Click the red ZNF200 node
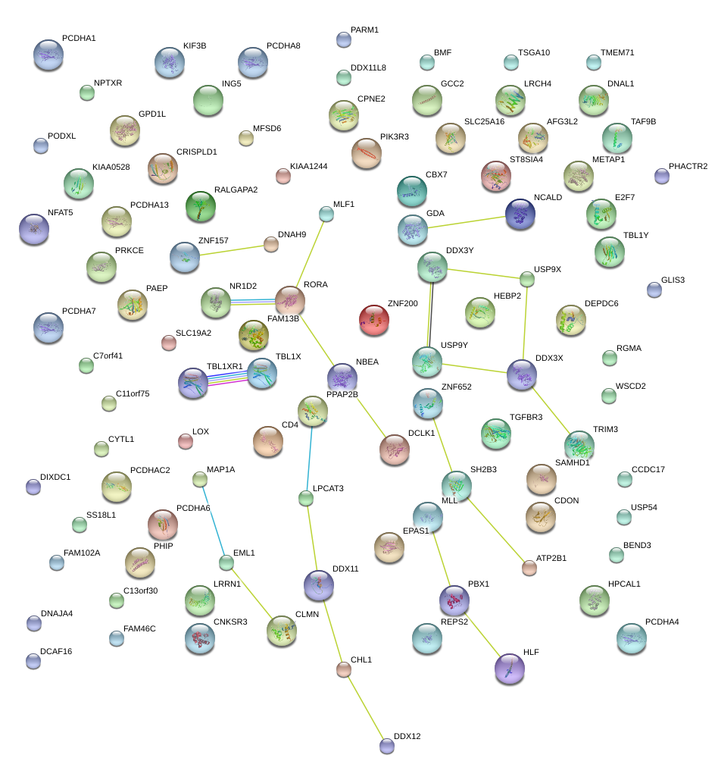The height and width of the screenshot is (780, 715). point(374,320)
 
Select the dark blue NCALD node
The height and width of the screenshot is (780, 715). point(520,215)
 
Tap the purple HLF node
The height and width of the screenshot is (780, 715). point(510,669)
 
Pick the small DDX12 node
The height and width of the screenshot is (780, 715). point(387,746)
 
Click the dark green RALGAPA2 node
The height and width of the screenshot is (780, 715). point(201,206)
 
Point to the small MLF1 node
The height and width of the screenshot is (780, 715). point(326,215)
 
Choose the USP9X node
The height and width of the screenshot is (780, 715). point(527,279)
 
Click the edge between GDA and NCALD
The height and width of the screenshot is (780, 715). point(467,222)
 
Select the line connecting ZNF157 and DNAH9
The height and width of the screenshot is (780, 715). point(232,250)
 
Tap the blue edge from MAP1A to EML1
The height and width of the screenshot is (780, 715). point(214,522)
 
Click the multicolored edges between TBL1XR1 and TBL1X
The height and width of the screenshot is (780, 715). point(227,378)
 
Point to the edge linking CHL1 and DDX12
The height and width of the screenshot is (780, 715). point(365,707)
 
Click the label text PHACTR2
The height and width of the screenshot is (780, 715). point(688,166)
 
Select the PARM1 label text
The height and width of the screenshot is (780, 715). point(364,30)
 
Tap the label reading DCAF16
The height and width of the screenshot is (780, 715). point(56,651)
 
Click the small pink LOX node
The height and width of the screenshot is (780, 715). point(186,441)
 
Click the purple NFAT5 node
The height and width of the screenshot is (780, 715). point(34,230)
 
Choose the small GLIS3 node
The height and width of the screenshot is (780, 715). point(654,290)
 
